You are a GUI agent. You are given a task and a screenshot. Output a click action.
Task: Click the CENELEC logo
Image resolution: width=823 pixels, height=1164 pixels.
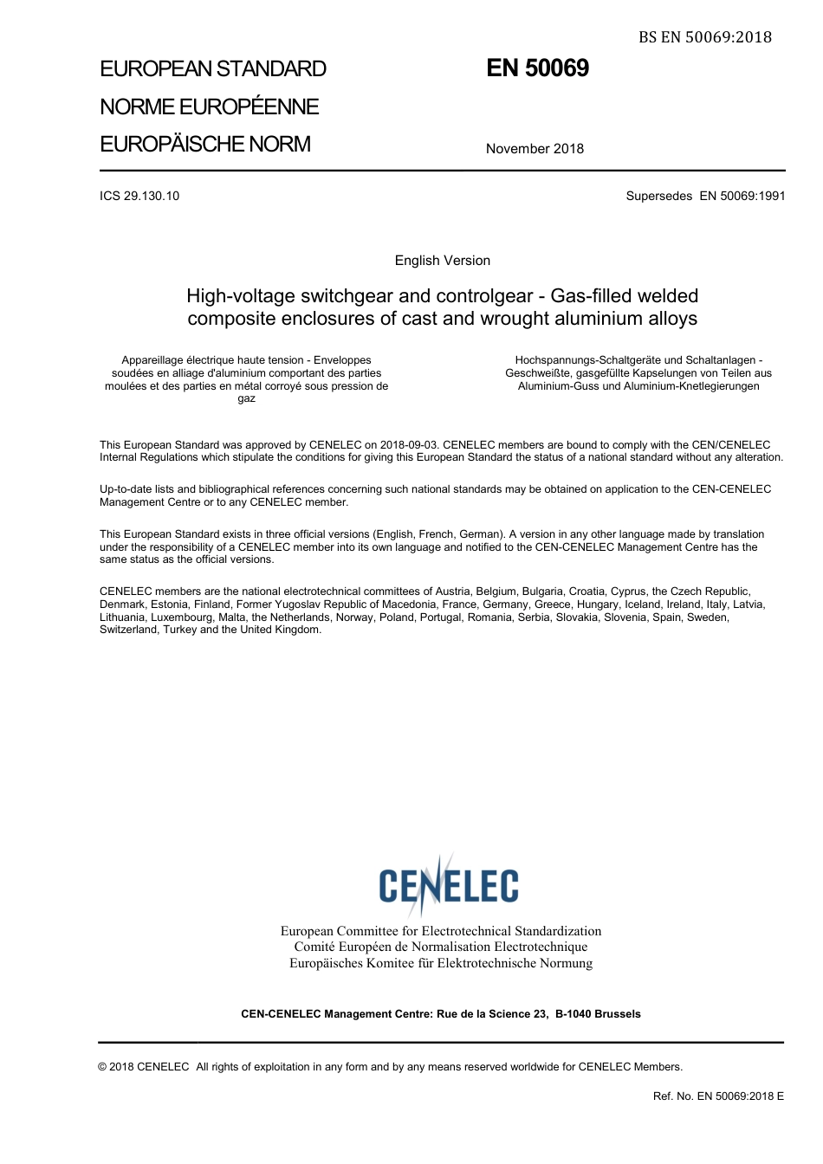click(448, 884)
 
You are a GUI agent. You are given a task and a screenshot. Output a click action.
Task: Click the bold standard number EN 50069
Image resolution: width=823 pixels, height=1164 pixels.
click(537, 68)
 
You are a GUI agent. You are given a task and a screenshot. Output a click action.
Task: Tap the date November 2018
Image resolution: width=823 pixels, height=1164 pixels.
click(535, 149)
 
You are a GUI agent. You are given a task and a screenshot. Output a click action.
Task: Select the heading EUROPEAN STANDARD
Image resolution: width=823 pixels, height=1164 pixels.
click(213, 69)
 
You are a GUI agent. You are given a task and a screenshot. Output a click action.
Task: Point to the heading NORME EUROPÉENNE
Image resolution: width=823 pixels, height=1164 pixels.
click(210, 107)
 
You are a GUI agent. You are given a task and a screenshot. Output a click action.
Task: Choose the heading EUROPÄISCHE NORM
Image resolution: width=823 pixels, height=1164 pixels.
click(205, 145)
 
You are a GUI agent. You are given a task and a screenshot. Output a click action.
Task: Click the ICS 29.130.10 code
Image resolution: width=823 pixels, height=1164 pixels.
click(139, 196)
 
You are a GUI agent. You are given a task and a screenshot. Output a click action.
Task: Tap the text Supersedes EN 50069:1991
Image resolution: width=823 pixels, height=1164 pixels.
click(705, 196)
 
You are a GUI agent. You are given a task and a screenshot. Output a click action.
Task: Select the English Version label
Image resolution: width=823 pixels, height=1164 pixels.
click(442, 261)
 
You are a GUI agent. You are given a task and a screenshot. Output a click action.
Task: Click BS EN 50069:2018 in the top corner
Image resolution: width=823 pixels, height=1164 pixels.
click(705, 37)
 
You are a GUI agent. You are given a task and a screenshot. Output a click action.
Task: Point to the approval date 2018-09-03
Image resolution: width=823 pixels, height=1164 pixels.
click(409, 445)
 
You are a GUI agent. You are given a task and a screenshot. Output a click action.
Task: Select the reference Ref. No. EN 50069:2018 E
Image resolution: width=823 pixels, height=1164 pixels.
click(718, 1096)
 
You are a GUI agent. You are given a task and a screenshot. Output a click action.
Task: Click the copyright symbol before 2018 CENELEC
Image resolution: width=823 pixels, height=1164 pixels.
click(103, 1067)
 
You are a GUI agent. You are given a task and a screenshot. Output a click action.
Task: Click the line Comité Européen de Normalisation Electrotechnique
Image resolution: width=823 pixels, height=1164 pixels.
click(440, 947)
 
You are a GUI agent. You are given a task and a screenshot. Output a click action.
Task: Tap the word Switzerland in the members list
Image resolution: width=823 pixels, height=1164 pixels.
click(128, 630)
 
